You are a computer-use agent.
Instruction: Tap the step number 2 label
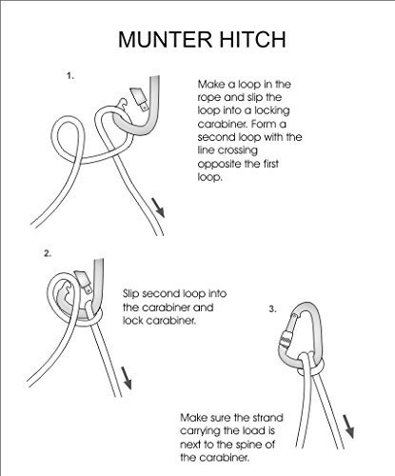pyautogui.click(x=48, y=255)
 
